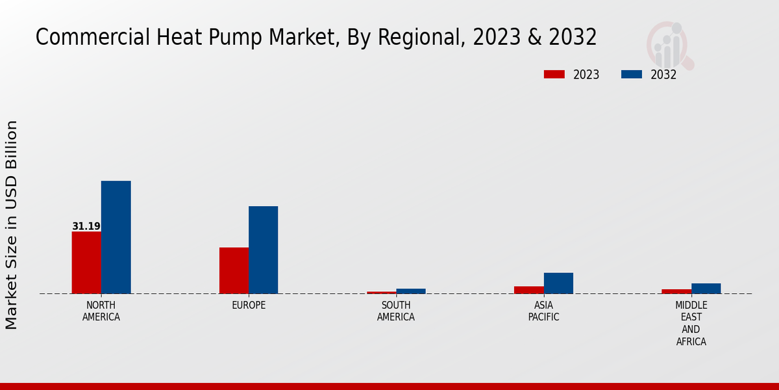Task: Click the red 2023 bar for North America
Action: [x=86, y=262]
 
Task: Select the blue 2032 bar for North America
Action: [x=116, y=237]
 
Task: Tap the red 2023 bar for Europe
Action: [x=234, y=270]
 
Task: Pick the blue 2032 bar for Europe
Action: [x=263, y=250]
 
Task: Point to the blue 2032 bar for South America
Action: [x=411, y=291]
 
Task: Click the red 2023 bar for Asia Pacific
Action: [x=529, y=290]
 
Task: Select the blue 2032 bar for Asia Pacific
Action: [x=558, y=283]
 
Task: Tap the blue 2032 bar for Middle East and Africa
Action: [x=706, y=289]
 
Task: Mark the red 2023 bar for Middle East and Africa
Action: [x=676, y=291]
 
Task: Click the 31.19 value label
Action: [x=86, y=226]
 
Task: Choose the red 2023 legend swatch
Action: [x=554, y=74]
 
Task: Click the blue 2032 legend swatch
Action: [x=632, y=74]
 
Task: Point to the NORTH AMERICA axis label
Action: [x=101, y=311]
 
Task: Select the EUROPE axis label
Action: [x=249, y=305]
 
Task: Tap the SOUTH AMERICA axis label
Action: [x=396, y=311]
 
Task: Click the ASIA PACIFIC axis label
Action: [x=543, y=311]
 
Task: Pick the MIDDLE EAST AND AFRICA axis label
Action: [x=691, y=324]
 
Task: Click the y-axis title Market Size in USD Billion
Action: [x=12, y=225]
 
